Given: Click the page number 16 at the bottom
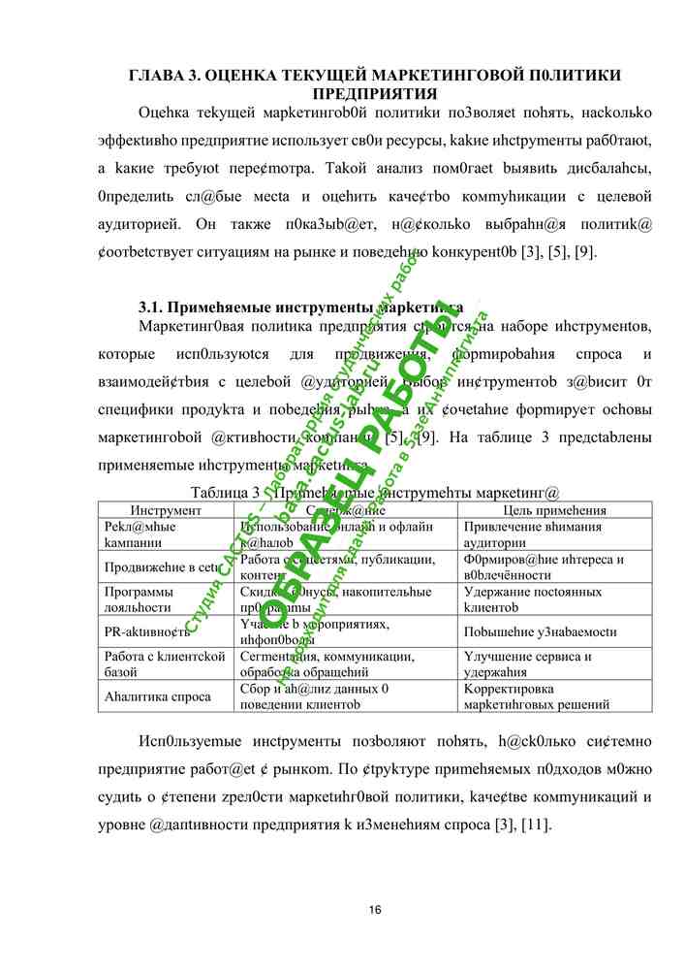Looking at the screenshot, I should [x=375, y=909].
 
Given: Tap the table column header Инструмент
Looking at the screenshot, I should [x=166, y=510].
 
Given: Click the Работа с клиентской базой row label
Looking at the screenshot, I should [x=164, y=663].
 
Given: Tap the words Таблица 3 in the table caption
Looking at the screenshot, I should [x=226, y=493].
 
